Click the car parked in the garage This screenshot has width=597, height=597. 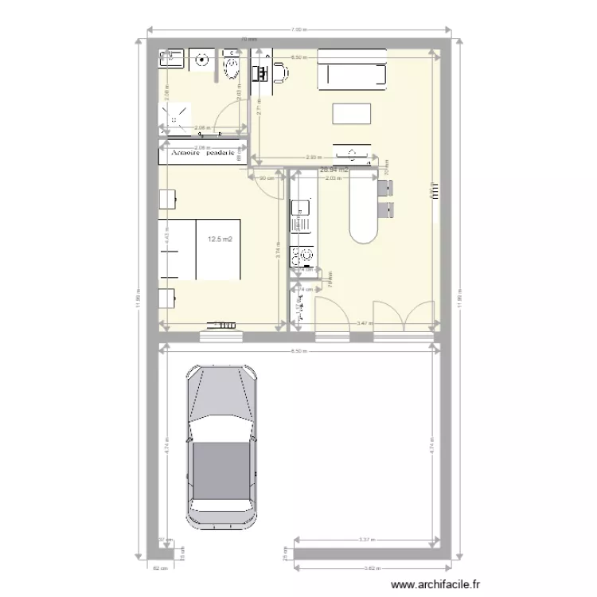click(222, 446)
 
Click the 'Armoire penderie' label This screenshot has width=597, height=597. click(202, 153)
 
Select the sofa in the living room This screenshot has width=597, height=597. click(352, 68)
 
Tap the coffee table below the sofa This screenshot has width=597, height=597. click(351, 114)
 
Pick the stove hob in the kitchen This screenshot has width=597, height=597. click(303, 256)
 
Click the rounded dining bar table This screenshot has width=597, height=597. click(363, 211)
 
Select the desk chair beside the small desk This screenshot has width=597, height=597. click(281, 74)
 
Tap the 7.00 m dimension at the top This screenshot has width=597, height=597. click(298, 29)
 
